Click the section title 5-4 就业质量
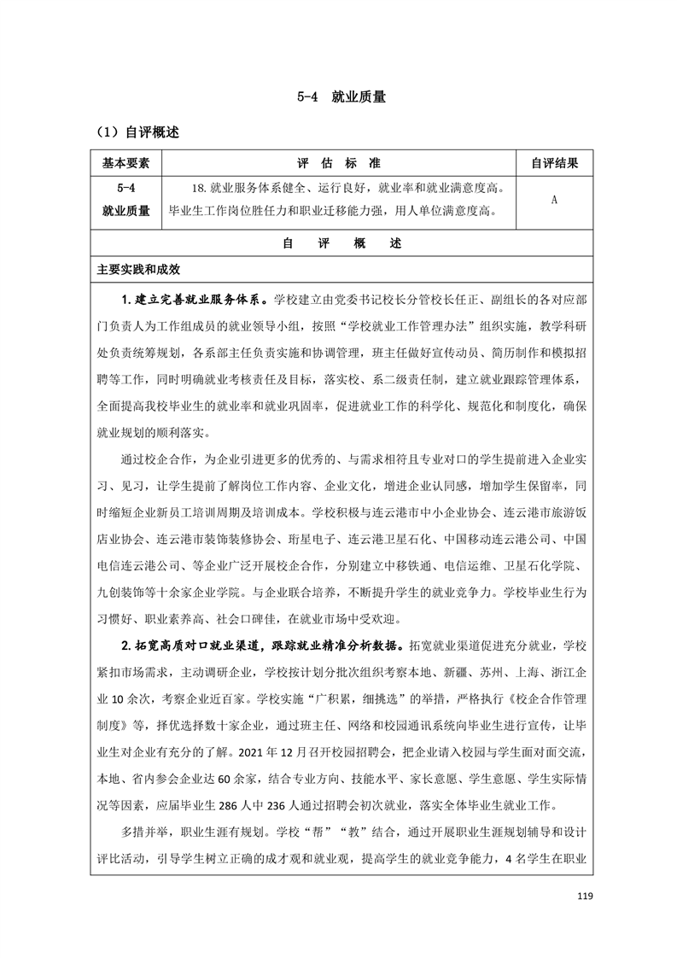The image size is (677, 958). point(337,97)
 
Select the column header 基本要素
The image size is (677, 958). point(125,163)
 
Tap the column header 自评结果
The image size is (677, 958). point(554,163)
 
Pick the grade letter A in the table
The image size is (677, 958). point(554,199)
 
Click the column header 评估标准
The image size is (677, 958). point(339,163)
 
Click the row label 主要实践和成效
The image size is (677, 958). point(139,269)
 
